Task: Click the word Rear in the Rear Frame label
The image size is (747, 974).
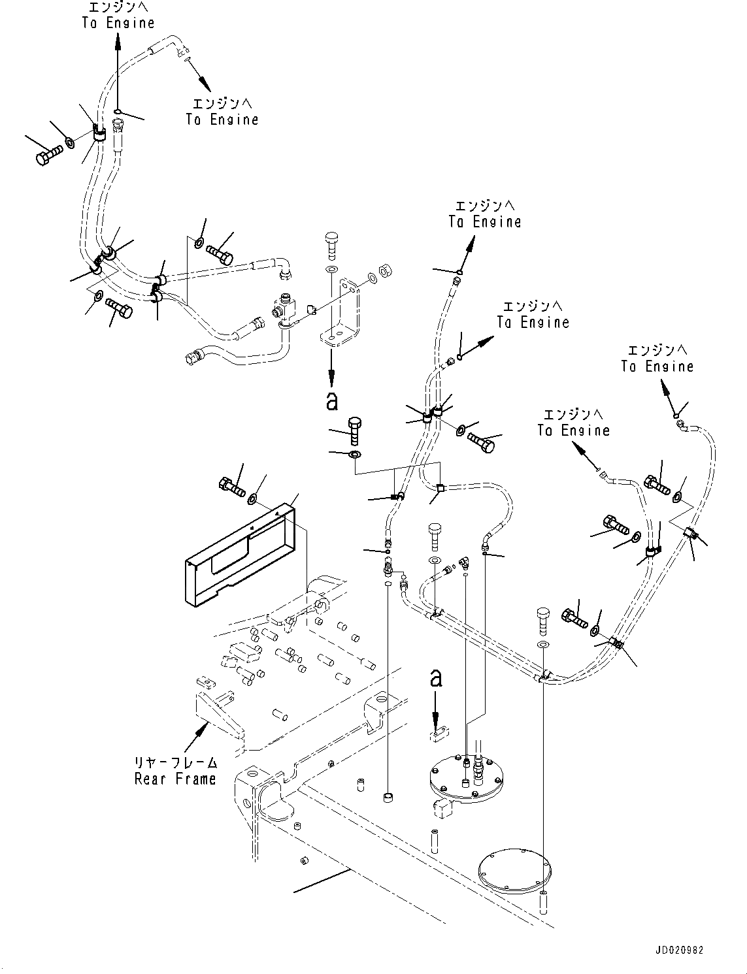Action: tap(150, 779)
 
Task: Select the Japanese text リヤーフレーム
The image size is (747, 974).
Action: tap(176, 762)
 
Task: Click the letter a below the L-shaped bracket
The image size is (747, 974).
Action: tap(331, 401)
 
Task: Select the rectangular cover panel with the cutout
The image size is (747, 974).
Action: tap(240, 556)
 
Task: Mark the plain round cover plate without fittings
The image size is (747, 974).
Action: tap(515, 871)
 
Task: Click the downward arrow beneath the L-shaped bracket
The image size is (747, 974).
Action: tap(331, 368)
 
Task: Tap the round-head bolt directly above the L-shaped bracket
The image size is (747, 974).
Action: tap(331, 245)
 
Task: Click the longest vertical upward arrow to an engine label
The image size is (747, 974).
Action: tap(118, 72)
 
